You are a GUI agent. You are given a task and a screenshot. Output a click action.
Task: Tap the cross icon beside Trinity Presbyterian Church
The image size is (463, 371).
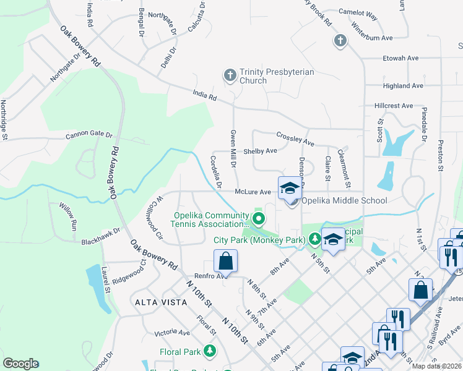click(x=230, y=76)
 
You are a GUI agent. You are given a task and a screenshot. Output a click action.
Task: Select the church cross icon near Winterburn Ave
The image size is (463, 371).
click(x=339, y=41)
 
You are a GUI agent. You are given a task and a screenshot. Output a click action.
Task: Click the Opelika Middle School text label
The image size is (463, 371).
click(x=344, y=200)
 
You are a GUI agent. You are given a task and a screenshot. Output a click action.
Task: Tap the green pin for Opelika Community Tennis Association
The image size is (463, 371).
click(x=257, y=219)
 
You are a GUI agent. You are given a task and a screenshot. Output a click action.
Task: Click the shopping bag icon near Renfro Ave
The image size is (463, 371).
click(x=226, y=261)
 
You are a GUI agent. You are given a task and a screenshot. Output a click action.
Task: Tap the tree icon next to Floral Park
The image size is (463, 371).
click(x=210, y=352)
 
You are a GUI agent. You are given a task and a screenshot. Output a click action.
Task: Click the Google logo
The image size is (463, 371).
click(x=20, y=364)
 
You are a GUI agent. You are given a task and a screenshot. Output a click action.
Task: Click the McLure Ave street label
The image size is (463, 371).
click(x=253, y=192)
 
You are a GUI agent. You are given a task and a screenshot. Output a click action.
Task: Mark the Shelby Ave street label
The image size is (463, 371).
click(x=260, y=151)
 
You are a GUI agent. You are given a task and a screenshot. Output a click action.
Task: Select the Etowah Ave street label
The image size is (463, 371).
click(x=402, y=58)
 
